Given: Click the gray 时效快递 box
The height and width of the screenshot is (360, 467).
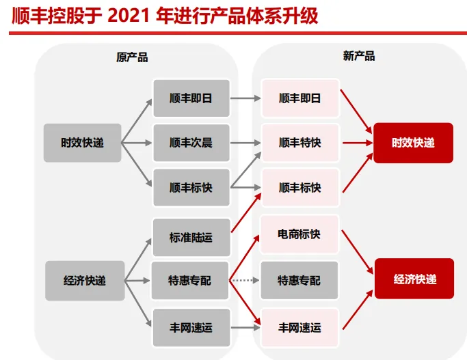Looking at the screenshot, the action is pos(82,143).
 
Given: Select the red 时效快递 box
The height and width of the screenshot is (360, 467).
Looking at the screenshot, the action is pos(413,143).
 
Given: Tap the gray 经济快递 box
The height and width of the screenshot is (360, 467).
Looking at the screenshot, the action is pos(85,280).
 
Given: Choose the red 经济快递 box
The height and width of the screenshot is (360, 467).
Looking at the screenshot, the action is pos(414,279).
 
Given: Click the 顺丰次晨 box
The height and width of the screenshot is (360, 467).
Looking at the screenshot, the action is pos(191,143).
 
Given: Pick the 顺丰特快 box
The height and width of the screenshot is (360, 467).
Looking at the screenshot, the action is pos(299,143).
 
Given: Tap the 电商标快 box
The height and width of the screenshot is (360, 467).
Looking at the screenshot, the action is pos(299,234).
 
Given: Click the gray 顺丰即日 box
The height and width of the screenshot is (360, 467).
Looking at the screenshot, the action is pos(191,98).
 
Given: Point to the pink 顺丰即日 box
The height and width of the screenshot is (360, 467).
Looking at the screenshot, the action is pos(299,98).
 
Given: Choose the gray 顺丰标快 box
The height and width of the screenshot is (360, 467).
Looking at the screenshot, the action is pos(191,187).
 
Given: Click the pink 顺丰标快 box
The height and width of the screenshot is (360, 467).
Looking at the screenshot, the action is pos(299,187).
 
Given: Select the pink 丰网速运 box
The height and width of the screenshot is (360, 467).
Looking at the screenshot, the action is pos(299,327).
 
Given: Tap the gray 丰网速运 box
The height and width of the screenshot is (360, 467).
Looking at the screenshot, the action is pos(191,327).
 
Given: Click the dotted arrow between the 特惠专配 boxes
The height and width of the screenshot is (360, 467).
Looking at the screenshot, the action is pos(245,280).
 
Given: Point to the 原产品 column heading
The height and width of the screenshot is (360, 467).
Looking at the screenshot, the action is pos(132,57).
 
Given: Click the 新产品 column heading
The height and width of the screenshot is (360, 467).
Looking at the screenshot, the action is pos(359,56).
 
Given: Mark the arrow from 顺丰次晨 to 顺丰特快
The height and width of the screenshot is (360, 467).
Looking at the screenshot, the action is pos(245,143).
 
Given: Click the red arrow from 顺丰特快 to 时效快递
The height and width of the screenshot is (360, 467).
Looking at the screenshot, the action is pos(356,143).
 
